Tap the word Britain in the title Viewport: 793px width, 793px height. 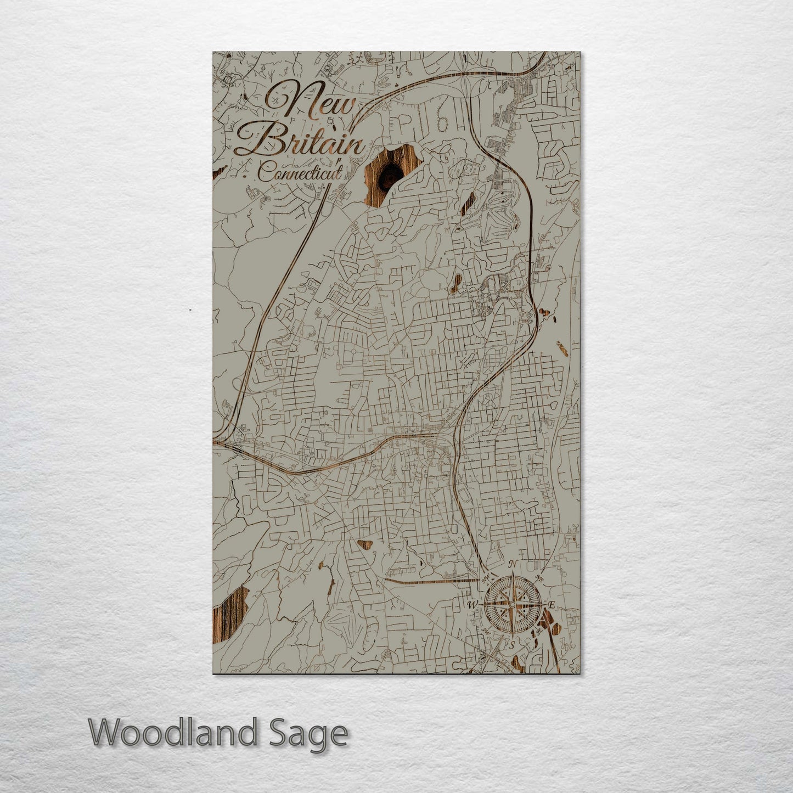(299, 143)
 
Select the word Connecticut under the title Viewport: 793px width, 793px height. (299, 174)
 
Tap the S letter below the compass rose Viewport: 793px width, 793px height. (511, 645)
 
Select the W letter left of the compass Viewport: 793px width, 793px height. (471, 605)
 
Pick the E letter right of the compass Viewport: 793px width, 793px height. (552, 605)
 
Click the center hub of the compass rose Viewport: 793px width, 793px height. (511, 604)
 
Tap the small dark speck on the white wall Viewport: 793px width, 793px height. (190, 311)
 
